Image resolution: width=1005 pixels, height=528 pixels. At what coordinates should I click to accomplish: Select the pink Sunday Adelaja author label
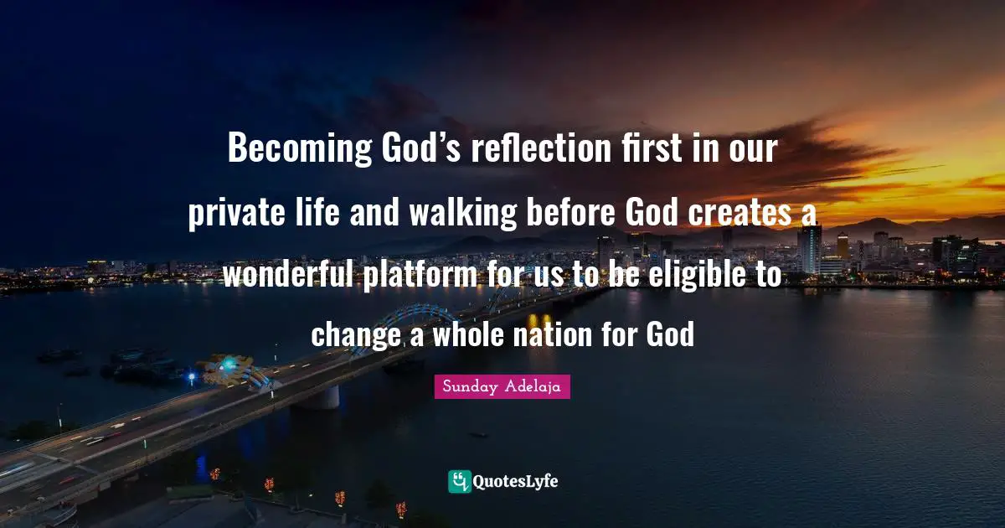502,387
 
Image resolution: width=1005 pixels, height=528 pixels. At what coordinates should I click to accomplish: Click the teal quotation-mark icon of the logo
460,481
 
